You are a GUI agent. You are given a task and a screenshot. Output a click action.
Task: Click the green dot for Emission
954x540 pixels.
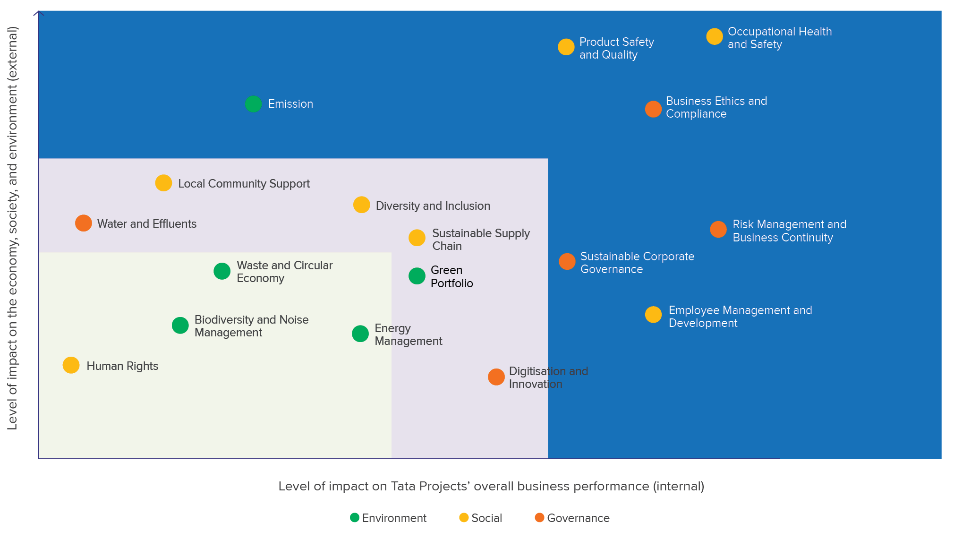coord(253,104)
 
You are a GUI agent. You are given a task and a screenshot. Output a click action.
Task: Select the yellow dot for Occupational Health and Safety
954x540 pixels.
coord(714,36)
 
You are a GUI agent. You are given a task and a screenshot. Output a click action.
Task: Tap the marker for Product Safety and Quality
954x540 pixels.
coord(566,47)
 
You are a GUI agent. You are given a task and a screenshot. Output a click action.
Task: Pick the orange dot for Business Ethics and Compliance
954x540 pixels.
coord(653,109)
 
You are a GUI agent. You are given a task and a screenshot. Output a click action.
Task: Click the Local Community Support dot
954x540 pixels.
coord(163,183)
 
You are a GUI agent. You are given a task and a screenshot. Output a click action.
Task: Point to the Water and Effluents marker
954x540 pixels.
coord(84,223)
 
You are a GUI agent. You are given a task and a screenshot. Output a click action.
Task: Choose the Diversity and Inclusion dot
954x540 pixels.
coord(361,205)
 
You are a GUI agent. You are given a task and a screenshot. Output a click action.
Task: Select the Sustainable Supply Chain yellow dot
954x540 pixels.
coord(417,238)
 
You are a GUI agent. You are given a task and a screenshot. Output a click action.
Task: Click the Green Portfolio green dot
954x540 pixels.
coord(417,276)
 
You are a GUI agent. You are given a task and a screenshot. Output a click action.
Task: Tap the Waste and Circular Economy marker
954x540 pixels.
coord(222,271)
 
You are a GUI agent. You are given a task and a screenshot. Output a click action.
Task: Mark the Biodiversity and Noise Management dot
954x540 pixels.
coord(180,325)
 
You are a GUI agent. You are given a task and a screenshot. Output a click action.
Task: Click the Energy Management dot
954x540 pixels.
coord(360,334)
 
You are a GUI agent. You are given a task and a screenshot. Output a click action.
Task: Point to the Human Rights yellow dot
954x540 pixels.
coord(71,365)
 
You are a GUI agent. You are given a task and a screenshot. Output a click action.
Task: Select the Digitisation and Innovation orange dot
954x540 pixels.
coord(496,377)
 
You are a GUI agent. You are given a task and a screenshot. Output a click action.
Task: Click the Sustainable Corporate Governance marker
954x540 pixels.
coord(567,261)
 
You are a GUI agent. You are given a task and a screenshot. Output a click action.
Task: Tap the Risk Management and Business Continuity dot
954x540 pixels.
coord(718,230)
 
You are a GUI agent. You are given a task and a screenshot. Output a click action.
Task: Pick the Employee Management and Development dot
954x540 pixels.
coord(653,315)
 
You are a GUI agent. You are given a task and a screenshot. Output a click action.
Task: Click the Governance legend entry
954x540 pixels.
coord(572,518)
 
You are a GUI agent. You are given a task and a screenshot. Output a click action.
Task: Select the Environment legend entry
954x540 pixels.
coord(388,518)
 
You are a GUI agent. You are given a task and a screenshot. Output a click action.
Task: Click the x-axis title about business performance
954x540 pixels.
coord(491,486)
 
